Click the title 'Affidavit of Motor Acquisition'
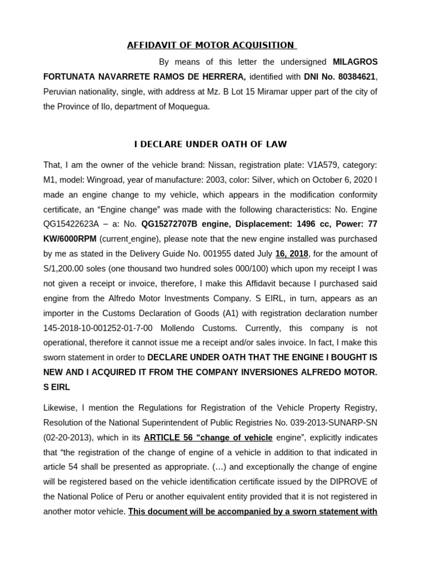click(x=212, y=45)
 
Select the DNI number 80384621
click(x=359, y=76)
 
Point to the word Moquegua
click(x=188, y=107)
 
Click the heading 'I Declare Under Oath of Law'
click(x=211, y=144)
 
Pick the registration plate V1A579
click(x=308, y=165)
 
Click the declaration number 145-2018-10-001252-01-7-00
click(x=99, y=328)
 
